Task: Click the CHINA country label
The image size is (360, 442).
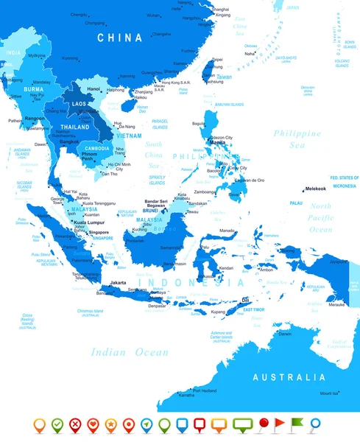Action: pyautogui.click(x=113, y=37)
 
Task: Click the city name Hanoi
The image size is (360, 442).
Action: pyautogui.click(x=93, y=89)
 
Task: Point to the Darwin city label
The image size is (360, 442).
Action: pyautogui.click(x=285, y=334)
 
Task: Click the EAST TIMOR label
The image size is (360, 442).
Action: pyautogui.click(x=253, y=309)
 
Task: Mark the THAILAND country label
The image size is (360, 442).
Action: pyautogui.click(x=75, y=127)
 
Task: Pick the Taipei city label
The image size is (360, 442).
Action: pyautogui.click(x=217, y=59)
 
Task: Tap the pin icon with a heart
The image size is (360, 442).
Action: pyautogui.click(x=93, y=424)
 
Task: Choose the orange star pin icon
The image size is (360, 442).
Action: pyautogui.click(x=110, y=424)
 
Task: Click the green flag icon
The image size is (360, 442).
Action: pyautogui.click(x=296, y=423)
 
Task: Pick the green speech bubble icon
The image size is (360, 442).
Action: pyautogui.click(x=242, y=424)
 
